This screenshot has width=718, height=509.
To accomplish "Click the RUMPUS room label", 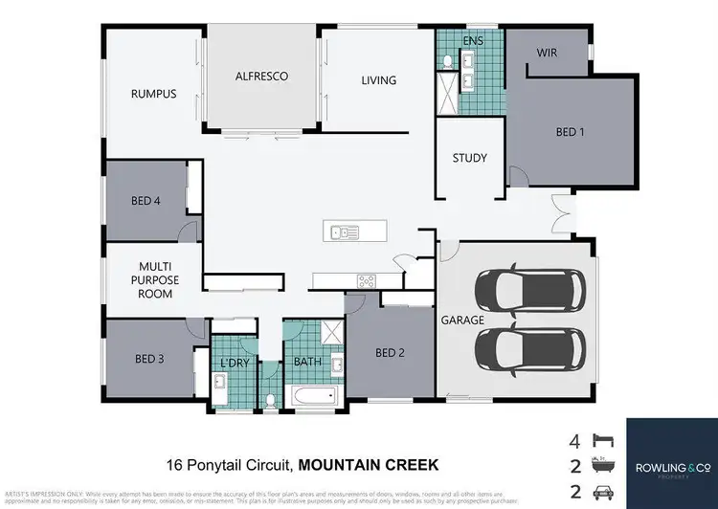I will point(154,94).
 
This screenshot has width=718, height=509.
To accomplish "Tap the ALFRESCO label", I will point(262,76).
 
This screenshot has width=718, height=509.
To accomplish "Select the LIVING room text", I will point(378,80).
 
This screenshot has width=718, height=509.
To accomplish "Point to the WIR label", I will point(548,55).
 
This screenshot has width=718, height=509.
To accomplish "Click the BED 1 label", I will point(570,132).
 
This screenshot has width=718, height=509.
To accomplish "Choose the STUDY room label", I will point(470,158).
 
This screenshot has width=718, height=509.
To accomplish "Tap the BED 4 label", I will point(148,201).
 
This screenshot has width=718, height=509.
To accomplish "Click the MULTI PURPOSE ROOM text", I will point(155,279).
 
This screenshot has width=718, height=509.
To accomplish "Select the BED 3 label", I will point(150,359).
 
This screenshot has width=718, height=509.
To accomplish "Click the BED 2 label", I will point(391,353).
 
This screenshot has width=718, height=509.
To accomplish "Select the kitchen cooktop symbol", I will point(368,280).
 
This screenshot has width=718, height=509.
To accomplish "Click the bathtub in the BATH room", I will point(315,395).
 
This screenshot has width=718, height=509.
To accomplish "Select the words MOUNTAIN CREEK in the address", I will point(369,466).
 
